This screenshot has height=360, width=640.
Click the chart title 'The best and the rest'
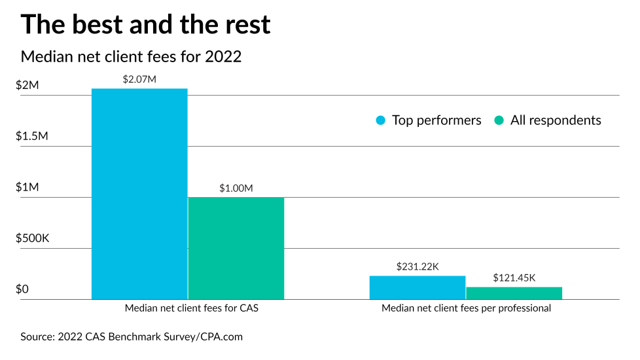145,24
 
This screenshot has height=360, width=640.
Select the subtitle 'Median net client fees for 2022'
131,57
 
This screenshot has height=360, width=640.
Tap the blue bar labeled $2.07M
139,194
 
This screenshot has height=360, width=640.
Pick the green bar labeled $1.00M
236,248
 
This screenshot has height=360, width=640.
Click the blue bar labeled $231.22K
418,287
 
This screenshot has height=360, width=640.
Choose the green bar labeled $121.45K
514,293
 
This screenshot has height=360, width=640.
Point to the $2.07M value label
139,79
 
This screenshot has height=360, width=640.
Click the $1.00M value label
236,188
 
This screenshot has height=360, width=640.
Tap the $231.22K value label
418,266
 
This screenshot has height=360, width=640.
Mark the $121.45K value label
514,278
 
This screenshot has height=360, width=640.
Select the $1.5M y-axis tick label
32,136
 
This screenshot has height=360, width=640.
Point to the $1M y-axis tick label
27,187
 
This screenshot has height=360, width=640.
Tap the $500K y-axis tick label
32,238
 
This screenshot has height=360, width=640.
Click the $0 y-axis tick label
22,289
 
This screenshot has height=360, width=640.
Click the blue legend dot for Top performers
381,120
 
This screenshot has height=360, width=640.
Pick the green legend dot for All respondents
499,120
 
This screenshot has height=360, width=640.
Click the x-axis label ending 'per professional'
466,308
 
